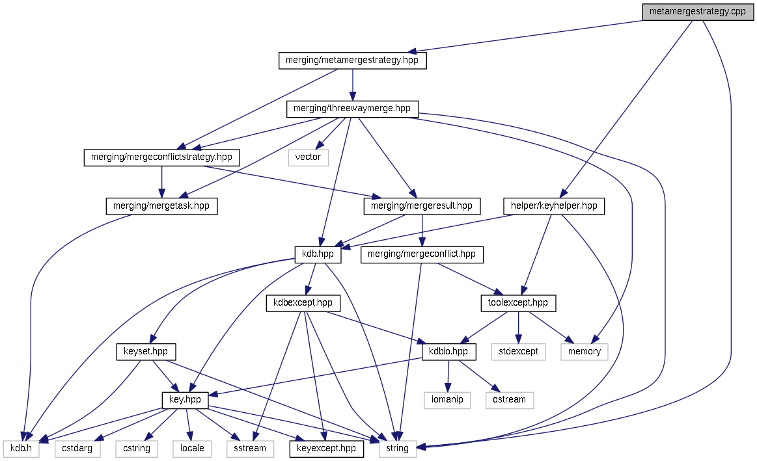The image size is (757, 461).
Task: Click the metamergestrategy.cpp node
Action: [698, 12]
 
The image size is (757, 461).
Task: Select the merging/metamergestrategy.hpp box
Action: [352, 60]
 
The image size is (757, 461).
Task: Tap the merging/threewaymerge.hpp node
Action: [352, 109]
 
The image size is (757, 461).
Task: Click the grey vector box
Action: [308, 157]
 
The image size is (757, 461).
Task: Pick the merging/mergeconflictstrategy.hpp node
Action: [162, 157]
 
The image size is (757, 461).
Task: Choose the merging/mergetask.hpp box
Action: [161, 206]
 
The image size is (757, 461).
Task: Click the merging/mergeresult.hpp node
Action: [422, 206]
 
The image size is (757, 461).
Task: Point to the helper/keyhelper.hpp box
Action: [554, 206]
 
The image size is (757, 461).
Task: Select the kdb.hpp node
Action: [317, 254]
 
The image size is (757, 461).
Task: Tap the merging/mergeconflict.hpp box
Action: [422, 254]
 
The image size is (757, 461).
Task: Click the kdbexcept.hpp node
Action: [303, 303]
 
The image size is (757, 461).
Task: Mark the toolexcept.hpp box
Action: [518, 303]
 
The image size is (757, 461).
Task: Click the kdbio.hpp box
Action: [449, 352]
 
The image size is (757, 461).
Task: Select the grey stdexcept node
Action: [518, 352]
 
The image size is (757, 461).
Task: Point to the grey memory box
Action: [584, 352]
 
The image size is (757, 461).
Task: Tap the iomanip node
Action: [447, 399]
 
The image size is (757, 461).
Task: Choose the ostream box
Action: [509, 399]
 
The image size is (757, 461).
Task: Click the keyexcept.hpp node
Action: [326, 448]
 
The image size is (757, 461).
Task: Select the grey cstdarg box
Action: [77, 448]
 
